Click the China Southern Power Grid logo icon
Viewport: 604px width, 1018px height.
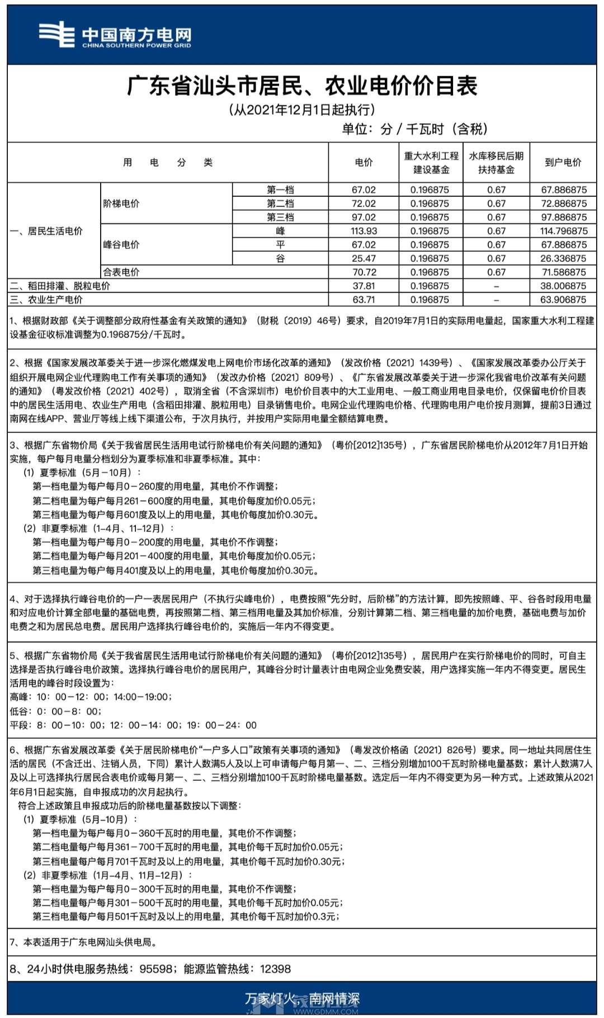tap(56, 34)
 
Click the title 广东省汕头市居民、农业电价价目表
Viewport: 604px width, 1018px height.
tap(302, 86)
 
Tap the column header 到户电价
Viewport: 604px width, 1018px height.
tap(563, 162)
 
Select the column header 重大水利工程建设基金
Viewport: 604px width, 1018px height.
tap(431, 162)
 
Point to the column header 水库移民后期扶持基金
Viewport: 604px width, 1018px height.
tap(496, 162)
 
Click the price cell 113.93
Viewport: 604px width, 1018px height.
tap(364, 231)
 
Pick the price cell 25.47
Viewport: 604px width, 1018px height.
tap(364, 258)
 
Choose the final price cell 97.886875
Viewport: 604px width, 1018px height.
tap(563, 217)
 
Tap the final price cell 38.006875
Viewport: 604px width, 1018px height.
tap(563, 286)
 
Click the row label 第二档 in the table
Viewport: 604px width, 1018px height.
tap(280, 204)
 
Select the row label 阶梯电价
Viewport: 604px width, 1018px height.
tap(121, 204)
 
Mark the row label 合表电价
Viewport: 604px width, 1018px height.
tap(121, 272)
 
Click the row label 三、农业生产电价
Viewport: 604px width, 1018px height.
tap(46, 300)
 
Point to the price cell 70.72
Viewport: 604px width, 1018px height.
tap(364, 272)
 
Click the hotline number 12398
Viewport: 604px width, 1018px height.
tap(275, 969)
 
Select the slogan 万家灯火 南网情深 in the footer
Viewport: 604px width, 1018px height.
tap(302, 998)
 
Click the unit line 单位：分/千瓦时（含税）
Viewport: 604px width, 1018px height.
tap(414, 129)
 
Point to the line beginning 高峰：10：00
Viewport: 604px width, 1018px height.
tap(91, 697)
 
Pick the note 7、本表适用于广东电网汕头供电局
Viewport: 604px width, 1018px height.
tap(83, 942)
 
